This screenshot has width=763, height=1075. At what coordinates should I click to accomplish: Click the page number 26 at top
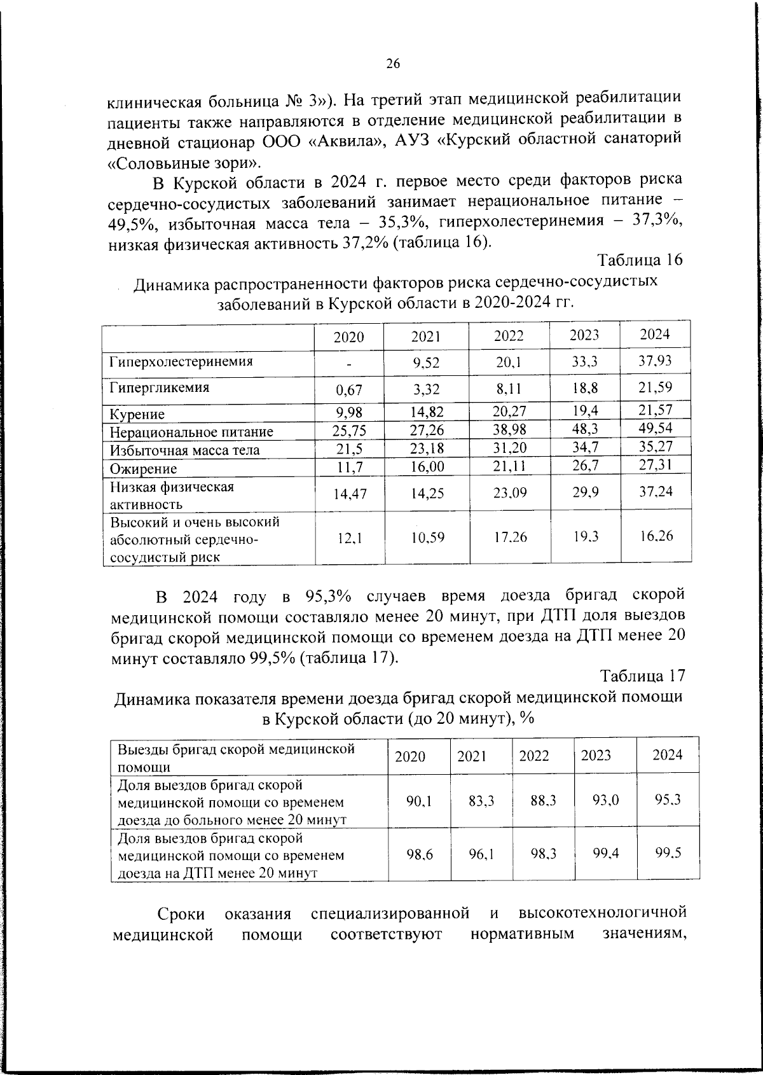pyautogui.click(x=392, y=64)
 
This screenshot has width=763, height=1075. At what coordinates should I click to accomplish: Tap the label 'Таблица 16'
pyautogui.click(x=640, y=260)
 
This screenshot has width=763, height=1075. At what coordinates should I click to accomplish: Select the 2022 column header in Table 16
pyautogui.click(x=509, y=336)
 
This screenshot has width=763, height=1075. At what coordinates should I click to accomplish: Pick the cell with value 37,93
pyautogui.click(x=656, y=361)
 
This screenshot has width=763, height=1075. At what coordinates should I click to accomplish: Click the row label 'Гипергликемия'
pyautogui.click(x=159, y=387)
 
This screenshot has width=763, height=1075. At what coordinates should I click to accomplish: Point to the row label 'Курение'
pyautogui.click(x=137, y=414)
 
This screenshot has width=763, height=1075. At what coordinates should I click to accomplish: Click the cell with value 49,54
pyautogui.click(x=656, y=428)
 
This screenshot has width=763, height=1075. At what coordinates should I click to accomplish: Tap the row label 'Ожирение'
pyautogui.click(x=144, y=469)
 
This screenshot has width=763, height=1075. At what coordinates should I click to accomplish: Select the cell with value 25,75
pyautogui.click(x=349, y=431)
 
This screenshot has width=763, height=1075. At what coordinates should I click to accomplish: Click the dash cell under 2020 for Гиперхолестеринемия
pyautogui.click(x=349, y=364)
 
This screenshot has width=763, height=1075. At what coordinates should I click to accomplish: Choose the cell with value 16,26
pyautogui.click(x=656, y=536)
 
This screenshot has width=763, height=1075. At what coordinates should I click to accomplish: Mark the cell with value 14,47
pyautogui.click(x=349, y=493)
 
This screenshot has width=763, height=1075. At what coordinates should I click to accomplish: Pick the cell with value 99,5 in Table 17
pyautogui.click(x=668, y=853)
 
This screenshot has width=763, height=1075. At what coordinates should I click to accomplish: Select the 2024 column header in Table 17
pyautogui.click(x=668, y=755)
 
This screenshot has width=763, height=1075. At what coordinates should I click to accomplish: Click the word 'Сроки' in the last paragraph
pyautogui.click(x=181, y=914)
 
